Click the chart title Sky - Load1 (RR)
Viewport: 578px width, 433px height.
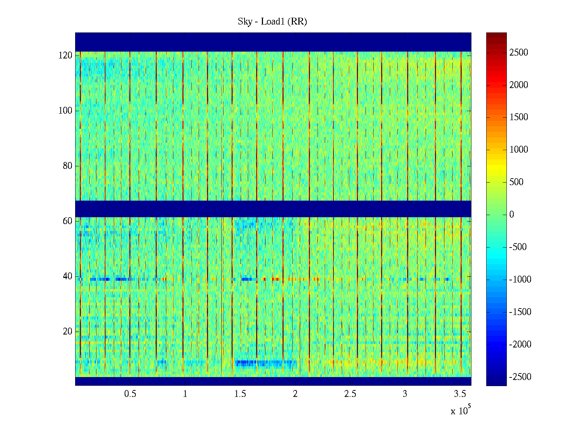point(272,22)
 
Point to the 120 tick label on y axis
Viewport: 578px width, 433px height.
point(65,56)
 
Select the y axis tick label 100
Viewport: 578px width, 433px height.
point(65,111)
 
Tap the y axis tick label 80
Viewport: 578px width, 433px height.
point(68,166)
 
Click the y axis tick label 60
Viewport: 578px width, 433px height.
point(68,221)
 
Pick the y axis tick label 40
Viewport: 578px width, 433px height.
point(68,276)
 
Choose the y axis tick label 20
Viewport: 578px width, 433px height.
point(68,332)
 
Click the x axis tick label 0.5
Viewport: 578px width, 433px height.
point(130,394)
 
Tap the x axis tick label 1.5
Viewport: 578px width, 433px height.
point(240,394)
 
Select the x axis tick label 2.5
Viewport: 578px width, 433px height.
point(350,394)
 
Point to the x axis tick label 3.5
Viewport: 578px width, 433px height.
point(460,394)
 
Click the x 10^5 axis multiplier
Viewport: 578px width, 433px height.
point(460,411)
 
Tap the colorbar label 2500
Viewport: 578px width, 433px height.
point(519,53)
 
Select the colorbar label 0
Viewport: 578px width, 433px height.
point(512,215)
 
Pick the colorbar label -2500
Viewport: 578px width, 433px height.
point(520,377)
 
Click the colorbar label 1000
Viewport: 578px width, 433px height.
point(519,150)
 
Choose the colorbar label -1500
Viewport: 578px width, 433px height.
point(520,312)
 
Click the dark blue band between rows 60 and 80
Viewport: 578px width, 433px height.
point(273,209)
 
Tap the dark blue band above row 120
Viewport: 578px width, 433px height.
point(273,42)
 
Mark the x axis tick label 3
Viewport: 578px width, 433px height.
point(405,394)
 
